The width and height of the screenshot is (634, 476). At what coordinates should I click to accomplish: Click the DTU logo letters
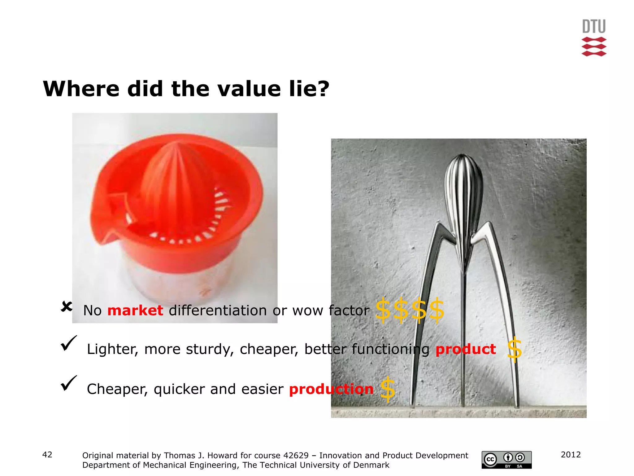[594, 27]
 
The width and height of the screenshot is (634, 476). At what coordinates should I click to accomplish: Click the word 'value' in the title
[249, 89]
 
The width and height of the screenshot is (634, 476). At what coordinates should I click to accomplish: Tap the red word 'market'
[135, 311]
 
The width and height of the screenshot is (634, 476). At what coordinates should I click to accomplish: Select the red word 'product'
[466, 349]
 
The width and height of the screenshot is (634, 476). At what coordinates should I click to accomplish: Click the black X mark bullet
[67, 307]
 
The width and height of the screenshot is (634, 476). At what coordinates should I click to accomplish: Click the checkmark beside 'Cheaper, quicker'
[69, 383]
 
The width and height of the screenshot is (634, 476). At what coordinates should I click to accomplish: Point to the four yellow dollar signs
[410, 310]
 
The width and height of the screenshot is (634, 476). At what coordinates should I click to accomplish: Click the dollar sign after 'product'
[515, 349]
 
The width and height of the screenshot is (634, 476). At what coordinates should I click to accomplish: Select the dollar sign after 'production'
[388, 389]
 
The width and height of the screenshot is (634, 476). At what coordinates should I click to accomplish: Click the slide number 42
[47, 455]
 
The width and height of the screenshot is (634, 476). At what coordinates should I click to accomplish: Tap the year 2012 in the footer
[571, 455]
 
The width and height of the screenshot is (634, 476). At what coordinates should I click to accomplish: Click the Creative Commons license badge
[506, 460]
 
